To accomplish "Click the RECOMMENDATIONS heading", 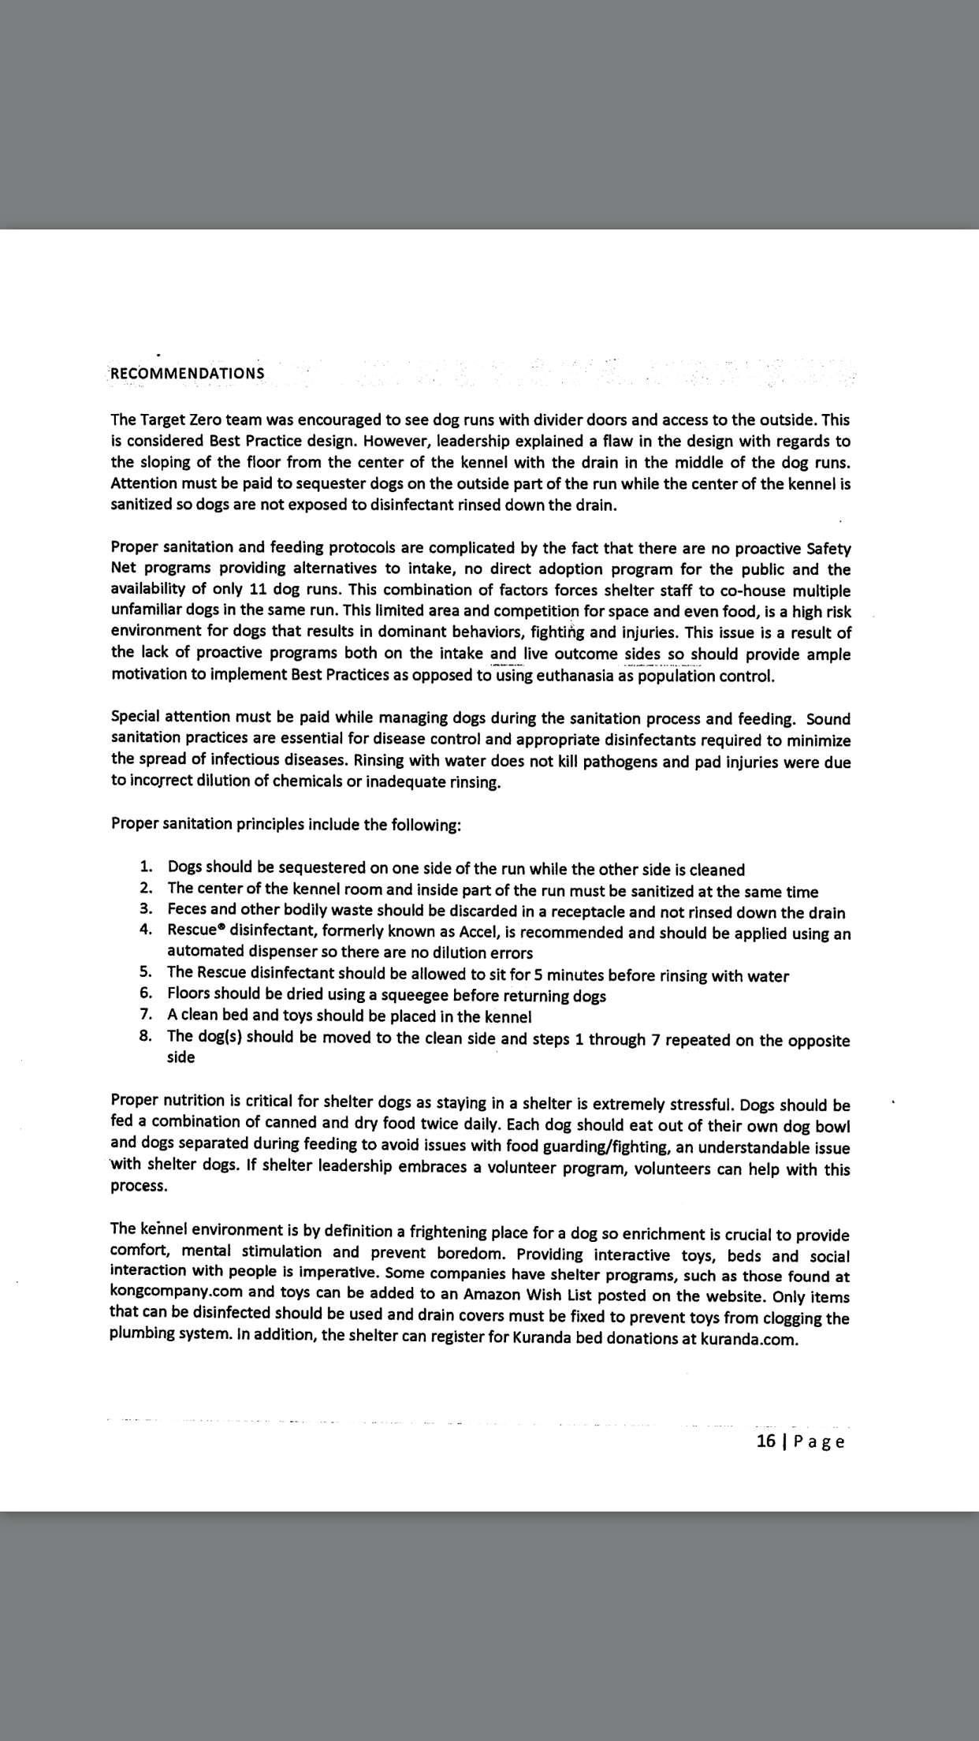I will (188, 373).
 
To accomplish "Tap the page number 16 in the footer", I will (766, 1441).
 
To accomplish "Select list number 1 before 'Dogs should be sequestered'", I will (146, 867).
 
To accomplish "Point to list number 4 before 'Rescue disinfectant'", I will (146, 929).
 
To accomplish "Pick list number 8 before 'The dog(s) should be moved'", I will (146, 1036).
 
